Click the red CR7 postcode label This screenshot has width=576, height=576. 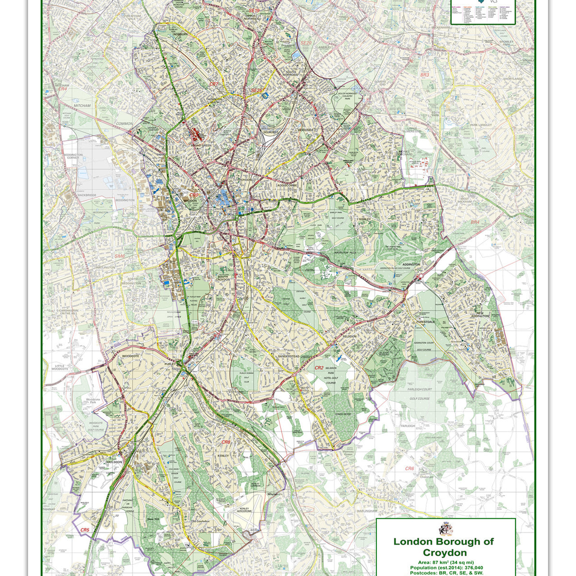click(214, 84)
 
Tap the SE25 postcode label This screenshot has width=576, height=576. click(257, 91)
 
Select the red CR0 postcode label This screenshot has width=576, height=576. click(194, 195)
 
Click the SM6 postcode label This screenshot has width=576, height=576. click(120, 256)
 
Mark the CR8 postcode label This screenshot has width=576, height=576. click(226, 442)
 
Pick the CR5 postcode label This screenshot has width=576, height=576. click(85, 530)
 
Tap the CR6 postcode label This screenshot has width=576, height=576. click(409, 468)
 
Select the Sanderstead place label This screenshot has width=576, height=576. click(288, 357)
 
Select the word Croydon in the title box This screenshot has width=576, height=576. click(444, 553)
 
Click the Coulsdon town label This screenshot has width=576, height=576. click(115, 462)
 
